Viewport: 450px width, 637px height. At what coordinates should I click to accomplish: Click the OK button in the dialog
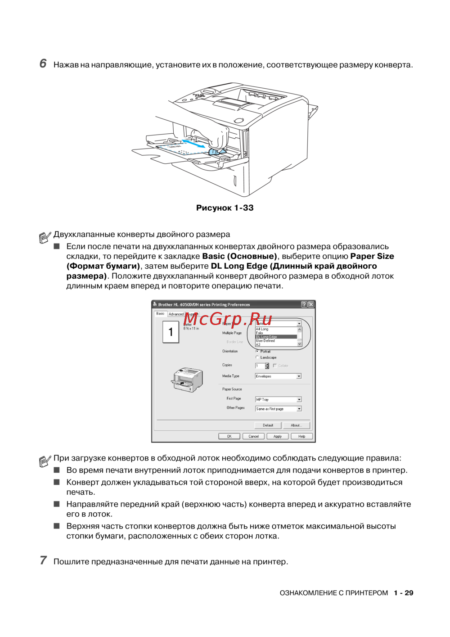pyautogui.click(x=229, y=436)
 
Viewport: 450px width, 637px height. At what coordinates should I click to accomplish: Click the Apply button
pyautogui.click(x=277, y=436)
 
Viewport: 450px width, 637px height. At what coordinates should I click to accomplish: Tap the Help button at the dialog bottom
pyautogui.click(x=301, y=436)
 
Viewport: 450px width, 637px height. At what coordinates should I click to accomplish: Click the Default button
pyautogui.click(x=268, y=425)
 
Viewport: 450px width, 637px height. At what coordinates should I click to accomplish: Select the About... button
pyautogui.click(x=296, y=425)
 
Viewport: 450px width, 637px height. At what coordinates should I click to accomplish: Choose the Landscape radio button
pyautogui.click(x=257, y=357)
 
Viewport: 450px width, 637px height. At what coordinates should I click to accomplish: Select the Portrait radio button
pyautogui.click(x=257, y=351)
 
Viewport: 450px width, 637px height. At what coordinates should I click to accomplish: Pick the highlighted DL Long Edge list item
pyautogui.click(x=275, y=337)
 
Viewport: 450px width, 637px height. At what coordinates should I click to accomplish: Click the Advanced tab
pyautogui.click(x=176, y=314)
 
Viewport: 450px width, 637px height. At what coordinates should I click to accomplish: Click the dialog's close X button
pyautogui.click(x=310, y=305)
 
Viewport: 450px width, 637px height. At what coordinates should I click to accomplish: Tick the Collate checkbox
pyautogui.click(x=275, y=366)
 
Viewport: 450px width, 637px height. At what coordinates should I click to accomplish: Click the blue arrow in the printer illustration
pyautogui.click(x=193, y=144)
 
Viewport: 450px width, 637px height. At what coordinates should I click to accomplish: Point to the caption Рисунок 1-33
pyautogui.click(x=225, y=208)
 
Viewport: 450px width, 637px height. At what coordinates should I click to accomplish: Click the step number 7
pyautogui.click(x=43, y=560)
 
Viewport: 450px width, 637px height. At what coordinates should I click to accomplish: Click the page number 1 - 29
pyautogui.click(x=403, y=593)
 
